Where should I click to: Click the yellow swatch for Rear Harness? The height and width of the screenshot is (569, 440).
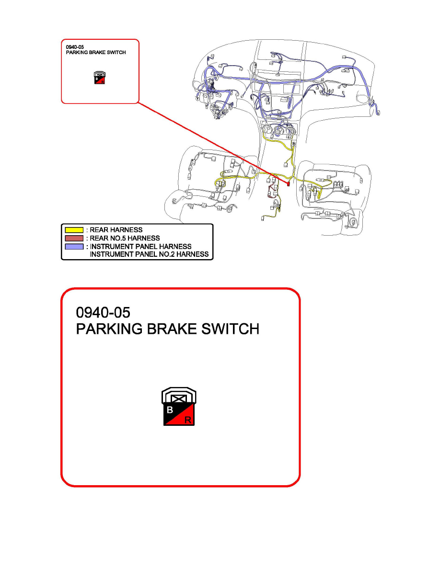[74, 230]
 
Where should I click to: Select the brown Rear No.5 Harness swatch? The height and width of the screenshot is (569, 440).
[74, 238]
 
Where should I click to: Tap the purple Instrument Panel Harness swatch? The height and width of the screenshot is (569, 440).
[74, 246]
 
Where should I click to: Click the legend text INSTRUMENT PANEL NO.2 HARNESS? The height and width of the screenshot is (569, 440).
[149, 254]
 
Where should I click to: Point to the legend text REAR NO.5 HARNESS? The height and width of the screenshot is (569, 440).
[125, 238]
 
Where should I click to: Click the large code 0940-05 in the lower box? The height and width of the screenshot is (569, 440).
[103, 312]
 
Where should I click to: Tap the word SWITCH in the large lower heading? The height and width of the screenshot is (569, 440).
[230, 329]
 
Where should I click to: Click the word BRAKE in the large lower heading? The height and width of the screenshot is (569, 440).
[172, 329]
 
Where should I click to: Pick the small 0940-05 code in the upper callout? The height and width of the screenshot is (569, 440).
[75, 47]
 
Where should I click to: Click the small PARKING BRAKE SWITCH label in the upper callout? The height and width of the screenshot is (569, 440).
[96, 53]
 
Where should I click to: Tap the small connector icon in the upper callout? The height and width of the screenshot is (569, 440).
[100, 78]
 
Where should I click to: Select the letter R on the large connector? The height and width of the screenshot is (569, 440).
[188, 420]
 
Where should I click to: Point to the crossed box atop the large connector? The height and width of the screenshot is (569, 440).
[179, 398]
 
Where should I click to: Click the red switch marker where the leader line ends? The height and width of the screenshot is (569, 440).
[289, 184]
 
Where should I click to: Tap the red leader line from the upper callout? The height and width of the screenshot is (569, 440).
[213, 143]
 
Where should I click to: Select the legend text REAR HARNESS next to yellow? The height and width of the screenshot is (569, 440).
[116, 230]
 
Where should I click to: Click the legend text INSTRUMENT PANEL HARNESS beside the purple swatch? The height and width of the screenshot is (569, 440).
[141, 246]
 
